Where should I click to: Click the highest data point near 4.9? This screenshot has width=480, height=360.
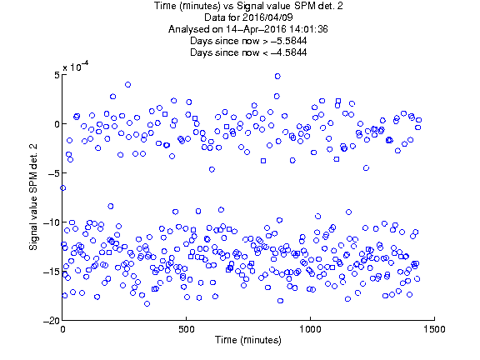click(277, 76)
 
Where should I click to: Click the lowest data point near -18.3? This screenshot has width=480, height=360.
click(147, 303)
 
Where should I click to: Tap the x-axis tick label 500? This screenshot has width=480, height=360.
click(186, 329)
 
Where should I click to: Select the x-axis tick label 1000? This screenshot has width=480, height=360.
click(310, 329)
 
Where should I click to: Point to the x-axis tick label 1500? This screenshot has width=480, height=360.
click(434, 329)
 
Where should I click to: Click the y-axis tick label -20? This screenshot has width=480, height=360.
click(51, 321)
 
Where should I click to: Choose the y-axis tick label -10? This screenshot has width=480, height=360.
click(51, 222)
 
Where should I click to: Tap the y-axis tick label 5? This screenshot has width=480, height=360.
click(57, 75)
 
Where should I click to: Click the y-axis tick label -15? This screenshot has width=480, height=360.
click(51, 272)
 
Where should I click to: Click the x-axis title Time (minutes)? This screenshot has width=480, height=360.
click(248, 340)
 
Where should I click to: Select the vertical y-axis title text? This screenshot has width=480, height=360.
click(33, 197)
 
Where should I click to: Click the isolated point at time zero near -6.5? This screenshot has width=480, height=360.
click(62, 188)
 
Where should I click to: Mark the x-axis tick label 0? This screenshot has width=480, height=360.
click(62, 329)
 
